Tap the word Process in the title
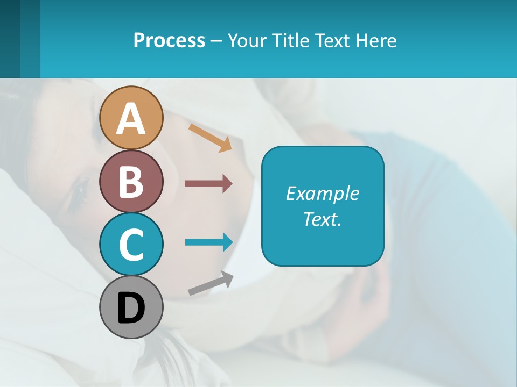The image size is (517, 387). pyautogui.click(x=169, y=40)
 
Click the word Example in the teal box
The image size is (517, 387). pyautogui.click(x=323, y=193)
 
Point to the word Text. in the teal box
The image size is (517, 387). pyautogui.click(x=323, y=219)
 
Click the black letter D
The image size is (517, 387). pyautogui.click(x=131, y=308)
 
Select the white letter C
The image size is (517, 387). pyautogui.click(x=131, y=245)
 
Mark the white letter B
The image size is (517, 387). pyautogui.click(x=131, y=182)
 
